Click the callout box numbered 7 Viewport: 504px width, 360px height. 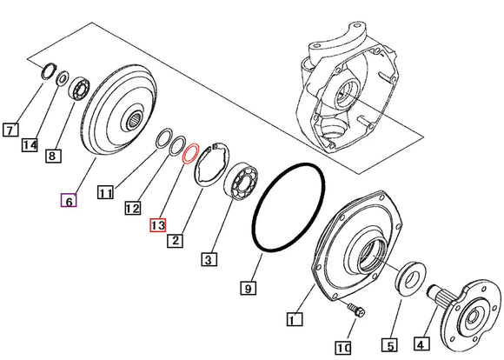10,130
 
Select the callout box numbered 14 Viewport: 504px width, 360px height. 30,144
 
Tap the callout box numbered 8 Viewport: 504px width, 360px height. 52,157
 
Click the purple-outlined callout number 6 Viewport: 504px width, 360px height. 68,202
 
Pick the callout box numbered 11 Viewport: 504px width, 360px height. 105,194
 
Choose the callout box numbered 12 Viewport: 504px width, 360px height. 132,209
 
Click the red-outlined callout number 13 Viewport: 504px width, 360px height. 157,225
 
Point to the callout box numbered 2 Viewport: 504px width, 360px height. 176,240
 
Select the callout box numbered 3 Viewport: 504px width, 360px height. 209,258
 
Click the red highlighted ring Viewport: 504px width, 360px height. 190,154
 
